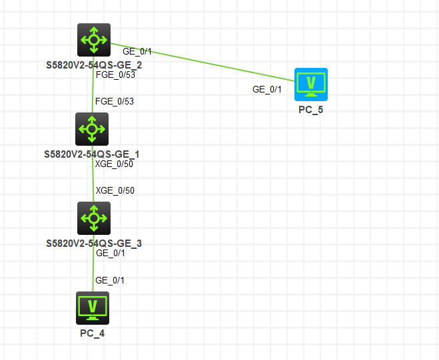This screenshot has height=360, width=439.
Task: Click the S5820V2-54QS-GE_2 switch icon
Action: [94, 40]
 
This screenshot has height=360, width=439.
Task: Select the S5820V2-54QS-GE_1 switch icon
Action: [93, 129]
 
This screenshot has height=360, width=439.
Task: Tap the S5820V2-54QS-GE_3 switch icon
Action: [93, 218]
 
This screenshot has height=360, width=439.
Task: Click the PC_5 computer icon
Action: [311, 85]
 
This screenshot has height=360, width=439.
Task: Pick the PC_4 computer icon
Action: [93, 307]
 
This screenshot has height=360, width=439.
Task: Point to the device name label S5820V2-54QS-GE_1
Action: [92, 154]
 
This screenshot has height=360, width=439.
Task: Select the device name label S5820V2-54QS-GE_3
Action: [93, 244]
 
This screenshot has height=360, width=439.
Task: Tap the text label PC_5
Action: [311, 110]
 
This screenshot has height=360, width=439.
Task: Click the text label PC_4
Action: [93, 333]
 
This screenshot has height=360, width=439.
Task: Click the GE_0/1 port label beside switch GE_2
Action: [137, 51]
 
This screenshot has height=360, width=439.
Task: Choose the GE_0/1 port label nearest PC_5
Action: [266, 89]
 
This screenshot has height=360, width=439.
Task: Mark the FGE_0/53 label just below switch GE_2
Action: [115, 75]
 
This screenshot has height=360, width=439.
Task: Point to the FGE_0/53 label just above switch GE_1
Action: [115, 102]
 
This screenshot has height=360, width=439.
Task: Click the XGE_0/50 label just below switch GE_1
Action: [115, 164]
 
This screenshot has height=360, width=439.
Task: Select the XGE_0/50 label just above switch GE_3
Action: [115, 191]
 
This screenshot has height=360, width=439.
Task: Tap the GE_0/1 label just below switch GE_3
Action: [110, 254]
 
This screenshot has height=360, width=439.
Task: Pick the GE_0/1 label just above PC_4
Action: [110, 280]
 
